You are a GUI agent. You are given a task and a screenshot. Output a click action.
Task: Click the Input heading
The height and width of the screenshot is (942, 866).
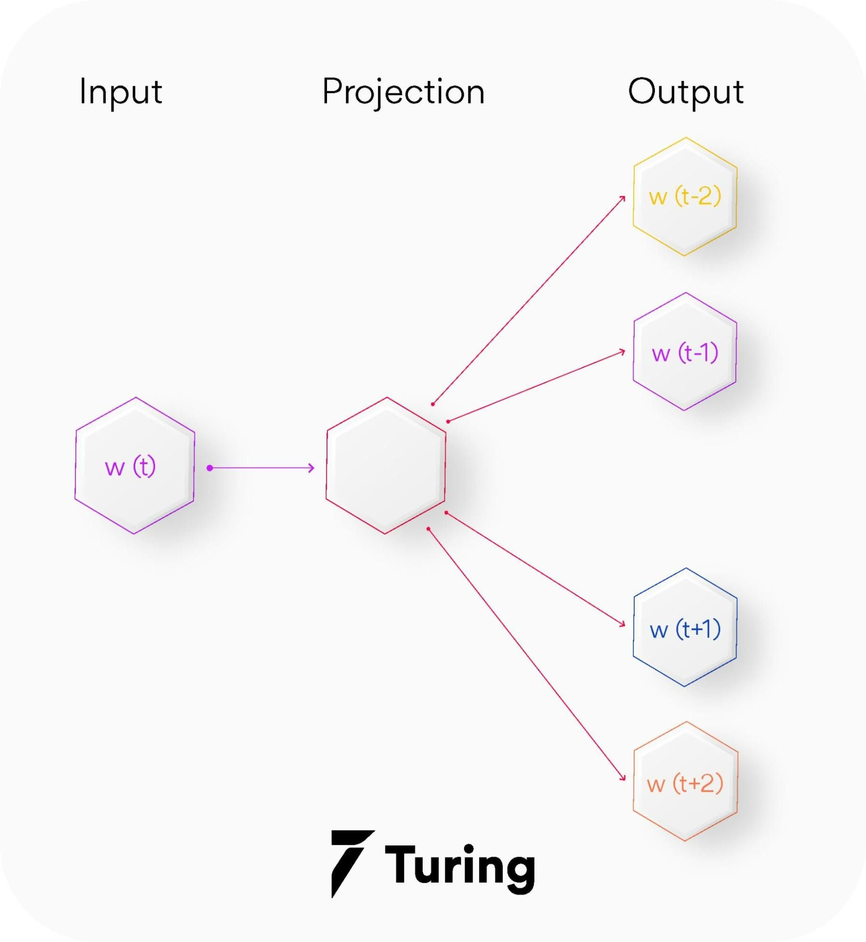pyautogui.click(x=121, y=92)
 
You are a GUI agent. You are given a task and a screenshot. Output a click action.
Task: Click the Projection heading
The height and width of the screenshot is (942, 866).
pyautogui.click(x=403, y=92)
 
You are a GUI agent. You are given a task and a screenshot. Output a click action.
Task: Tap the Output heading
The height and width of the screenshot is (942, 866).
pyautogui.click(x=686, y=92)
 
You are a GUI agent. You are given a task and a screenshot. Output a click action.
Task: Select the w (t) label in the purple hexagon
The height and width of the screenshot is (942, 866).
pyautogui.click(x=130, y=467)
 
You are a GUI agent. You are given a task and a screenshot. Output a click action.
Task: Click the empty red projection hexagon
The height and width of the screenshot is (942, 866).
pyautogui.click(x=386, y=466)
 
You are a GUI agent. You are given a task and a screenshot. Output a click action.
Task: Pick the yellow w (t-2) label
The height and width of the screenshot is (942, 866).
pyautogui.click(x=685, y=196)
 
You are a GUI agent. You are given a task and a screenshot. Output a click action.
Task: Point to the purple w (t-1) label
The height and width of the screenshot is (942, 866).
pyautogui.click(x=685, y=352)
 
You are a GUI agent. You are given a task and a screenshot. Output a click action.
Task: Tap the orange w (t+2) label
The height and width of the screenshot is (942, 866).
pyautogui.click(x=685, y=784)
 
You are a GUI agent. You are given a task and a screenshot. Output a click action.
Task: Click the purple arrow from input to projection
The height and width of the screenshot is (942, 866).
pyautogui.click(x=261, y=468)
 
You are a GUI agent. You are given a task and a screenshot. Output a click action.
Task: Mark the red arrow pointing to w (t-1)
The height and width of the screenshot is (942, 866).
pyautogui.click(x=536, y=387)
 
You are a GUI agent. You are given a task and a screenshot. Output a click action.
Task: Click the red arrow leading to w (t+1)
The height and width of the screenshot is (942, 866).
pyautogui.click(x=535, y=569)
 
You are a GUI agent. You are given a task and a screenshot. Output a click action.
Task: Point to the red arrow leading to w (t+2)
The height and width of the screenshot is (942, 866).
pyautogui.click(x=525, y=654)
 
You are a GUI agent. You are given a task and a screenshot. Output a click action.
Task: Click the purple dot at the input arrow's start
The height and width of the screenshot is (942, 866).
pyautogui.click(x=210, y=468)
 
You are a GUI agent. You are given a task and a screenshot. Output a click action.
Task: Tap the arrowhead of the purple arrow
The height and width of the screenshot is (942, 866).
pyautogui.click(x=311, y=468)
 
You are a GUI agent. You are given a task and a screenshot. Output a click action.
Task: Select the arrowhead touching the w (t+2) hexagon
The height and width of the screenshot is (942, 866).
pyautogui.click(x=623, y=778)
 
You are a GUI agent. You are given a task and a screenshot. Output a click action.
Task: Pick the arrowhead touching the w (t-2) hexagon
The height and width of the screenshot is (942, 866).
pyautogui.click(x=623, y=199)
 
